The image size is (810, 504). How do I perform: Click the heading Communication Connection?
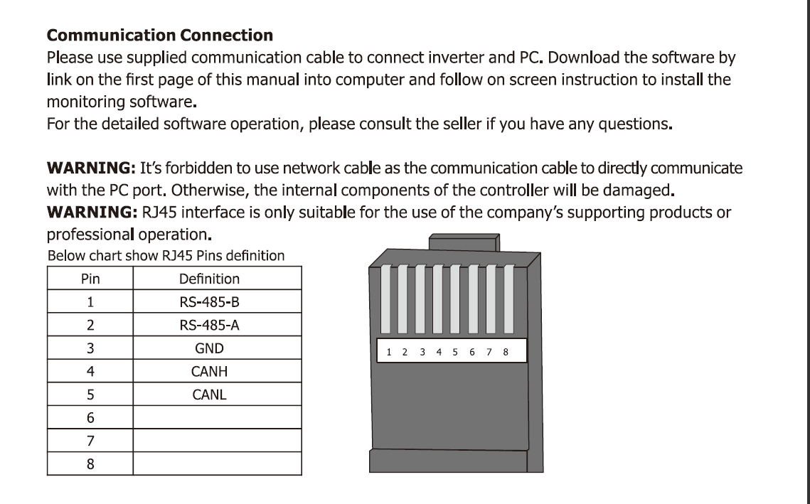[159, 35]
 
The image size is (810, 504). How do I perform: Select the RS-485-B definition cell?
[209, 302]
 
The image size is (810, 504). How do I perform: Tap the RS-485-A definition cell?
[209, 326]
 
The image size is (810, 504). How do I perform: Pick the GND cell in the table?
[209, 348]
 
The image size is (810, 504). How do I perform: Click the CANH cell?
[209, 371]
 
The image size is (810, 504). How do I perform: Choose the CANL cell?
[209, 394]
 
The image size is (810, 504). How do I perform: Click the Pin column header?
[90, 279]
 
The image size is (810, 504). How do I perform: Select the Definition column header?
[209, 279]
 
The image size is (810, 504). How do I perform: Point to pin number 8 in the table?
[90, 463]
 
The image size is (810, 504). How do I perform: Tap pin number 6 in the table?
[90, 417]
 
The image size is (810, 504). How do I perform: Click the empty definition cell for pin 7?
[217, 440]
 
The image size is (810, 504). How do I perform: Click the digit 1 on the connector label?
[389, 352]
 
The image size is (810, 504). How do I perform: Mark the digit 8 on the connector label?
[506, 352]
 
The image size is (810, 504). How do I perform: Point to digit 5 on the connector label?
[455, 352]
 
